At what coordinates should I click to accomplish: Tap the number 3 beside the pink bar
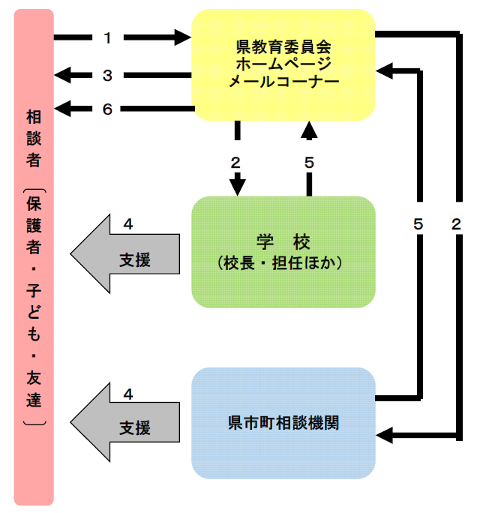tap(107, 74)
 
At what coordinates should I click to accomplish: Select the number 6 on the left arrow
tap(107, 109)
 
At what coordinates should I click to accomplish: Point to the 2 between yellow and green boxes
tap(236, 162)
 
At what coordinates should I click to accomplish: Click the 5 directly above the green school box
tap(309, 162)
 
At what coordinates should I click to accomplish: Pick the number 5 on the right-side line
tap(418, 223)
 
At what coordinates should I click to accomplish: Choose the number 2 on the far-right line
tap(457, 223)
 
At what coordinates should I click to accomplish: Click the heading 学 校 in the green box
tap(283, 241)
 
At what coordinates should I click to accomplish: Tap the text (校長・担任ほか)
tap(283, 263)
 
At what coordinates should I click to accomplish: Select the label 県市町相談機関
tap(283, 422)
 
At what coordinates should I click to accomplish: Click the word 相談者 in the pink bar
tap(34, 139)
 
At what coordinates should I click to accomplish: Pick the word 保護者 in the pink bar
tap(34, 225)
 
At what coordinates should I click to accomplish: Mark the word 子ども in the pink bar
tap(34, 308)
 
